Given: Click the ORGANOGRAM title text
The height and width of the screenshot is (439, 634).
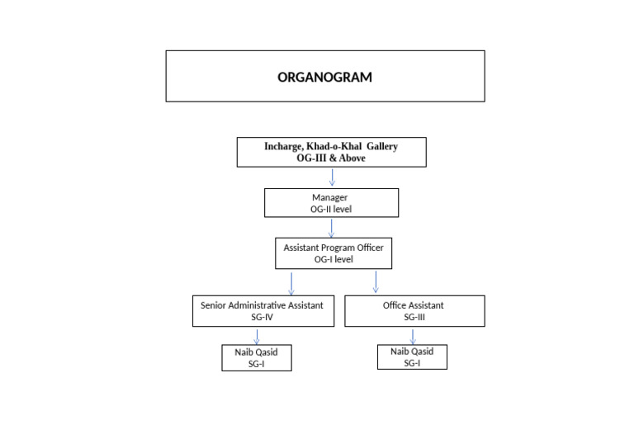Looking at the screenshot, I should coord(324,78).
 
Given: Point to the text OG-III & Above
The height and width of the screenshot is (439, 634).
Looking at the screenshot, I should coord(331,158).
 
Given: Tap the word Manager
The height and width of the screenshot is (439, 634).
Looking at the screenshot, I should coord(330,198).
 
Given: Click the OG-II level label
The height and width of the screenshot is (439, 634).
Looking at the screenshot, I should coord(330,210).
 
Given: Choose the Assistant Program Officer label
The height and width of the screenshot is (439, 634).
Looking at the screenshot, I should coord(333,248).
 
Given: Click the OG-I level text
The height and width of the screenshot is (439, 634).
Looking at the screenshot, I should coord(333,259).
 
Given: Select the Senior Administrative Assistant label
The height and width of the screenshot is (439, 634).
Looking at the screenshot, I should coord(263,305).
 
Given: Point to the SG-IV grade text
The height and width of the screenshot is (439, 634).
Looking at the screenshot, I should coord(263,317).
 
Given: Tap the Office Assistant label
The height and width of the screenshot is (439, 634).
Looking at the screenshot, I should coord(414,305).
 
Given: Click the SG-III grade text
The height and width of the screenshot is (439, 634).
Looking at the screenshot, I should coord(414,317).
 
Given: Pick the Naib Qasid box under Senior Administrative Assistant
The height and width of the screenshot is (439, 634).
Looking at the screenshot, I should coord(257,358).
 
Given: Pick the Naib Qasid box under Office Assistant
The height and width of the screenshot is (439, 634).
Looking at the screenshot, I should coord(413,356).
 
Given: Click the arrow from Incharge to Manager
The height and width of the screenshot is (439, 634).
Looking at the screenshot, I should coord(332,177).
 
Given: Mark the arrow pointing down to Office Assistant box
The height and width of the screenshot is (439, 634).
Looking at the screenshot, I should coord(376,281).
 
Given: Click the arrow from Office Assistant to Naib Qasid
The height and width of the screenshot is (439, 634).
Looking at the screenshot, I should coord(413,336).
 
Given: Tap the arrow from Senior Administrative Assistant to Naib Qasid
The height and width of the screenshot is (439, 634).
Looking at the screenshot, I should coord(257,337).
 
